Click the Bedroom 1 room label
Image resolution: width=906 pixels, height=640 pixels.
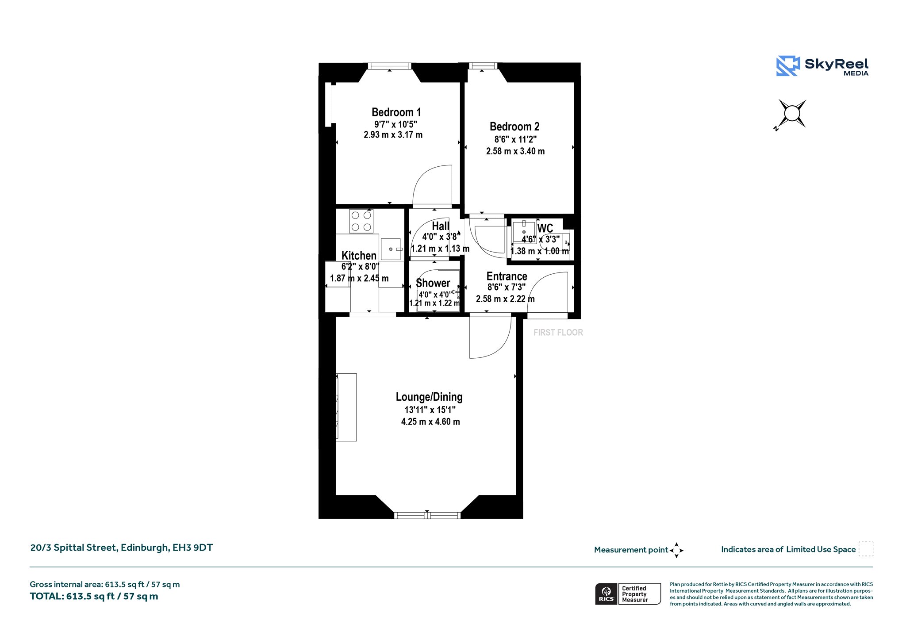[x=396, y=112]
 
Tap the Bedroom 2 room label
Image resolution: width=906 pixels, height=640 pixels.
[x=514, y=127]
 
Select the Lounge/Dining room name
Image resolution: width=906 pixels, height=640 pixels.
[x=429, y=397]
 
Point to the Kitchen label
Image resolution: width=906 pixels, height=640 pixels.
[x=359, y=256]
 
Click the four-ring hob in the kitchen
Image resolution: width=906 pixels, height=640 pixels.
[x=361, y=221]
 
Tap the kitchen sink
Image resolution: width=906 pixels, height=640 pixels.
[x=391, y=249]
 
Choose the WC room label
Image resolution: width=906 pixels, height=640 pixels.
[x=545, y=228]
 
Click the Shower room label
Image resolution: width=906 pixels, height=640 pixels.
[x=433, y=283]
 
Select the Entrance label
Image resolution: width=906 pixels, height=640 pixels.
[x=507, y=276]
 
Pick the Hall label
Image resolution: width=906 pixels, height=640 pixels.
[x=441, y=226]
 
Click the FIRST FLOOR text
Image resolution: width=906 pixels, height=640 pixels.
[x=558, y=333]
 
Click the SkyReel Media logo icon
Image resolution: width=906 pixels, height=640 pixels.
[x=788, y=66]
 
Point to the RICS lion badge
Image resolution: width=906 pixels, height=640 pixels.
[x=607, y=594]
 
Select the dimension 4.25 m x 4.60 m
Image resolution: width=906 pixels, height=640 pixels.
[x=430, y=422]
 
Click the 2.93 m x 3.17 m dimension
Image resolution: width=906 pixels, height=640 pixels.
[x=393, y=135]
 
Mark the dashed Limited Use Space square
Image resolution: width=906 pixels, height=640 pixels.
[x=866, y=549]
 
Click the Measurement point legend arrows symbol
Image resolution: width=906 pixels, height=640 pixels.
[x=676, y=551]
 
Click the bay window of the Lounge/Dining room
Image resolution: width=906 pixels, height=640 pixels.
[x=427, y=515]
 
